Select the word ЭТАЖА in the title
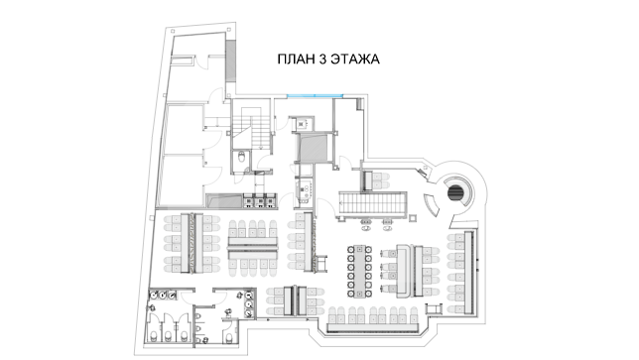[x=355, y=60]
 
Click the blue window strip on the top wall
[x=315, y=96]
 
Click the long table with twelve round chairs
[x=360, y=271]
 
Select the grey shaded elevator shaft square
[x=313, y=148]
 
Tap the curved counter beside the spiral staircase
[x=431, y=205]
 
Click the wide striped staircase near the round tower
[x=372, y=204]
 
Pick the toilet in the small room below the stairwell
[x=241, y=157]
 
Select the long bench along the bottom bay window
[x=373, y=327]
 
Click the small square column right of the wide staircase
[x=413, y=218]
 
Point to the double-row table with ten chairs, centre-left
[x=253, y=248]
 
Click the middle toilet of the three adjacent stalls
[x=168, y=335]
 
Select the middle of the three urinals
[x=198, y=328]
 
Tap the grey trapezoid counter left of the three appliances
[x=224, y=200]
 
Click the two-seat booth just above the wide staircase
[x=376, y=180]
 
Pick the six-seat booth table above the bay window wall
[x=295, y=300]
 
